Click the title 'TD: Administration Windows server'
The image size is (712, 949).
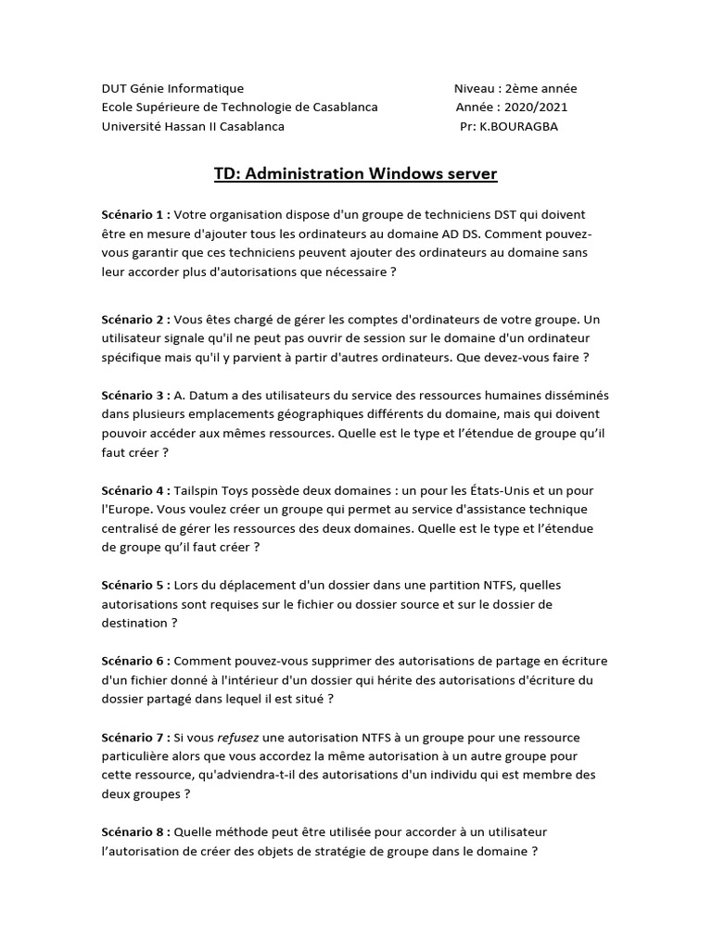[356, 173]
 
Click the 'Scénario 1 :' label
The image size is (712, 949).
[135, 214]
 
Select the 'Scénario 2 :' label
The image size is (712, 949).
[135, 319]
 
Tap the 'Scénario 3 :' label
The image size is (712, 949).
[135, 396]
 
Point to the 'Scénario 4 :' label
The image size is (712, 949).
[135, 490]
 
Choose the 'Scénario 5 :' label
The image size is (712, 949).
[135, 585]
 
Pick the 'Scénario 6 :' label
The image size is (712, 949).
[135, 661]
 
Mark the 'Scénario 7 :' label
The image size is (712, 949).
[135, 737]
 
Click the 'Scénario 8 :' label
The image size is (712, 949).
[135, 831]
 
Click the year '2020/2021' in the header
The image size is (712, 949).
[537, 108]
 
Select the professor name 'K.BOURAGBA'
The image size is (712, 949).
[519, 127]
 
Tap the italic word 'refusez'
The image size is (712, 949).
[238, 738]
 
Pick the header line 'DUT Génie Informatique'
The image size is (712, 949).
[172, 89]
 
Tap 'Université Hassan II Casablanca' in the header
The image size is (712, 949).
[193, 127]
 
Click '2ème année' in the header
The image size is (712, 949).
[541, 89]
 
